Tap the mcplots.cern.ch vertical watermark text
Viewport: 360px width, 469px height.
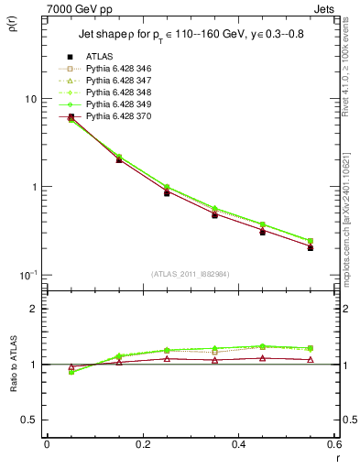click(x=352, y=229)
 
